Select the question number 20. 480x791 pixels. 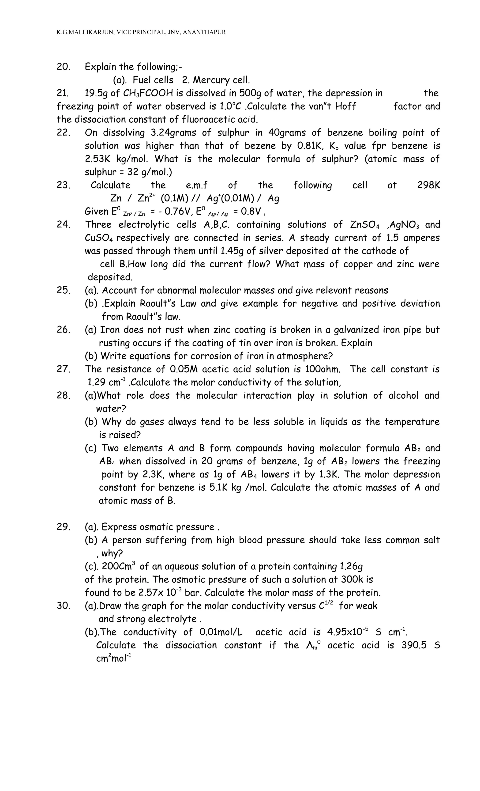[x=63, y=67]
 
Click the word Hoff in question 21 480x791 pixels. [x=345, y=106]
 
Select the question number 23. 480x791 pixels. [x=63, y=185]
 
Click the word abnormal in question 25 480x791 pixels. [x=171, y=291]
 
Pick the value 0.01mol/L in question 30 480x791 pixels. [x=221, y=632]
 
